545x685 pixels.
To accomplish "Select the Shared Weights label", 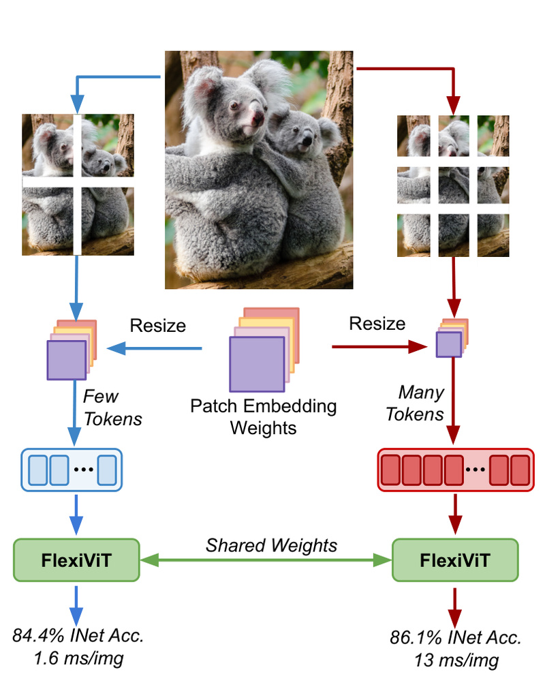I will click(x=271, y=545).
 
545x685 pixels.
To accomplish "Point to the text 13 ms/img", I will click(x=456, y=660).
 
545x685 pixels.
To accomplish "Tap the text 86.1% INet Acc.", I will click(x=456, y=638).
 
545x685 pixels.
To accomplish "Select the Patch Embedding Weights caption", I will click(x=263, y=417).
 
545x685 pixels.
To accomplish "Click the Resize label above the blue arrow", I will click(x=157, y=325).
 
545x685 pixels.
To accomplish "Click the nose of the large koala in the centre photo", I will click(x=256, y=121).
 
